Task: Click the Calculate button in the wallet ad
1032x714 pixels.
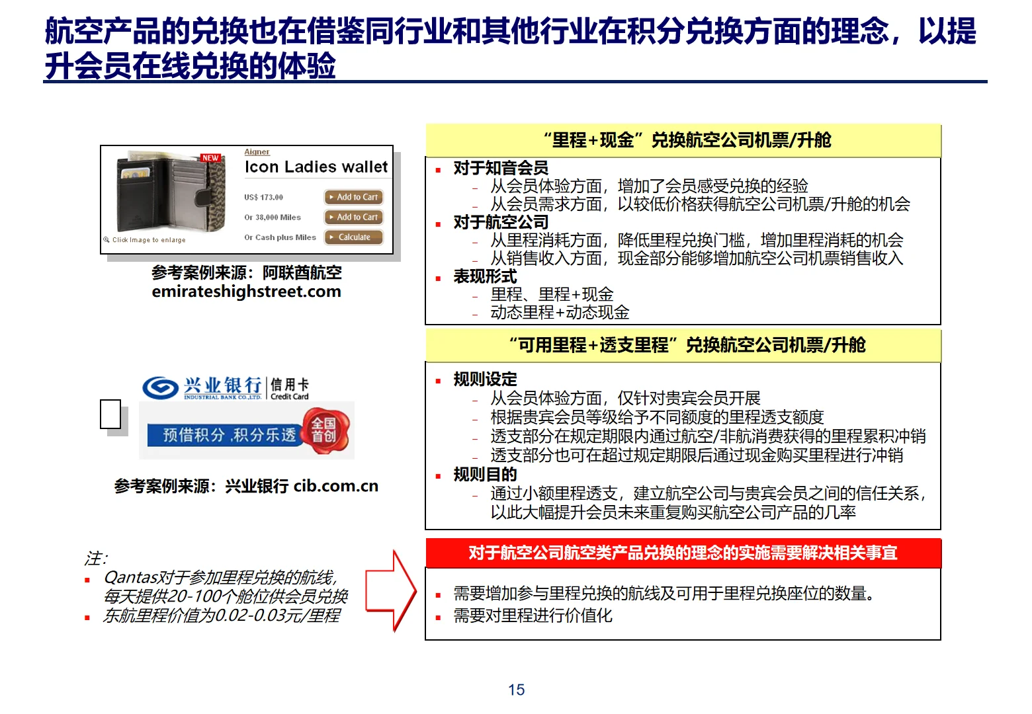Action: tap(354, 237)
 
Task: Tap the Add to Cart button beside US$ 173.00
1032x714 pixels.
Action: tap(354, 197)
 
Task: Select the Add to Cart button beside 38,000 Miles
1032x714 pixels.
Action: tap(354, 217)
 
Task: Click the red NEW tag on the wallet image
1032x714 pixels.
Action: tap(210, 158)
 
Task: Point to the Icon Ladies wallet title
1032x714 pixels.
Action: tap(316, 167)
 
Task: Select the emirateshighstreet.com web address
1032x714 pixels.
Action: tap(246, 292)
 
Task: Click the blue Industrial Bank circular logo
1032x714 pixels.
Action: tap(160, 387)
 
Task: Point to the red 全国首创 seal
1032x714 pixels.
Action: tap(323, 430)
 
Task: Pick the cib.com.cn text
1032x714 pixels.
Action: tap(336, 486)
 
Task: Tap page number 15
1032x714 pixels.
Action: tap(516, 690)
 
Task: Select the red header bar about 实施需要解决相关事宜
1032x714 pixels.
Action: tap(683, 553)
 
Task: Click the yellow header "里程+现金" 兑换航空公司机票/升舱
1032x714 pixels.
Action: tap(683, 140)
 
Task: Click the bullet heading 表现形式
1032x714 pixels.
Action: tap(485, 276)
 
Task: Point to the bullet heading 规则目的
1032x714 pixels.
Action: tap(485, 474)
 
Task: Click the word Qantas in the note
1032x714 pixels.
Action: tap(127, 578)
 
